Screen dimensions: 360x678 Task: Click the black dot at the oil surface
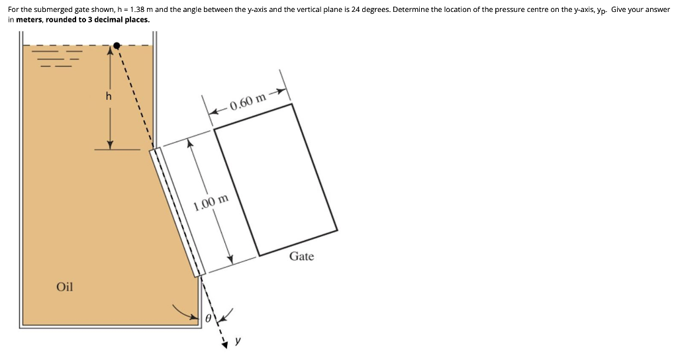[117, 46]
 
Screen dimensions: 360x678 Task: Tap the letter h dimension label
[109, 96]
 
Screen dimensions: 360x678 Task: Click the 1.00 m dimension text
[211, 202]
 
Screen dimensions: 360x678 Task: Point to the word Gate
[301, 256]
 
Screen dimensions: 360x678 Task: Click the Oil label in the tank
[65, 287]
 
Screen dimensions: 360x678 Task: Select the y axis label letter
[238, 341]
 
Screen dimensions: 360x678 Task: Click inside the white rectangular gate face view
[275, 179]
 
